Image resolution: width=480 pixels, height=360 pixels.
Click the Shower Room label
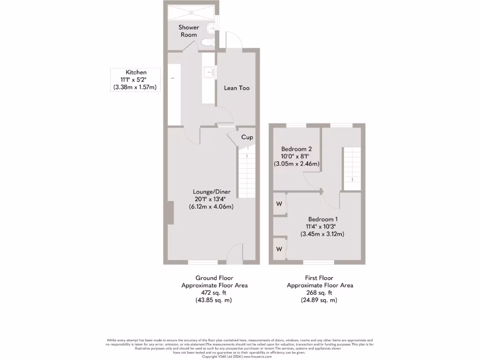click(188, 31)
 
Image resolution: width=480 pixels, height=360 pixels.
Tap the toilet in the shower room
click(207, 43)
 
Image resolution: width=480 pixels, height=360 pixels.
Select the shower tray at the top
click(191, 12)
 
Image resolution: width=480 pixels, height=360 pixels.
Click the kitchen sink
click(209, 73)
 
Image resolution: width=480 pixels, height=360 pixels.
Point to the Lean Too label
click(237, 88)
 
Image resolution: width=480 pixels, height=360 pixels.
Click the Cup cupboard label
click(247, 137)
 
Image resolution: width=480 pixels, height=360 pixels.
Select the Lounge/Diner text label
click(211, 192)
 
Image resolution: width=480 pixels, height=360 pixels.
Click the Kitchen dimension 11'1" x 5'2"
click(133, 80)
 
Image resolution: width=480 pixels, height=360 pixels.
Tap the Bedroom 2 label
click(296, 149)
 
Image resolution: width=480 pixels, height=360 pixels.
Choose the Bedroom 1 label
click(322, 219)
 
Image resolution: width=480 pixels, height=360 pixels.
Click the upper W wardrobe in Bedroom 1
click(279, 204)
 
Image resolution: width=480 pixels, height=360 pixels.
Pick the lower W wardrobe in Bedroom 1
click(279, 248)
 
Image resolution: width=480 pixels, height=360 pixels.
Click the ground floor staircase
click(247, 173)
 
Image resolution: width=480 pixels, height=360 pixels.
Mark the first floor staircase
click(352, 169)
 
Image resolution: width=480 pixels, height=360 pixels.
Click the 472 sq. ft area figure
click(214, 292)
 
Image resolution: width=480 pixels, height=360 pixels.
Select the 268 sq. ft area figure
click(320, 292)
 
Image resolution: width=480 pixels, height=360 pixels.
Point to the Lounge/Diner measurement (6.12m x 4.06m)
click(211, 207)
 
